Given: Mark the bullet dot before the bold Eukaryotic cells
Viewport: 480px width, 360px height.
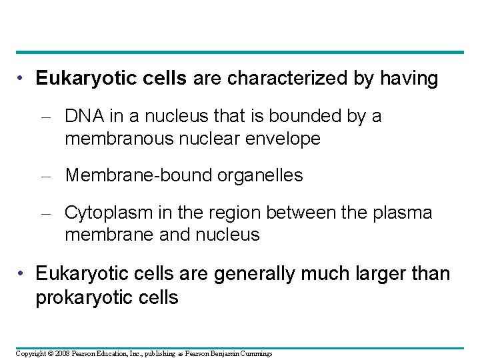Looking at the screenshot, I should coord(23,79).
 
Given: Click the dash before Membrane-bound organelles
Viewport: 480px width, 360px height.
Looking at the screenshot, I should coord(51,176).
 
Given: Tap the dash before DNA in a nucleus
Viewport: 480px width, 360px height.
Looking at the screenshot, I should coord(51,117).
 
